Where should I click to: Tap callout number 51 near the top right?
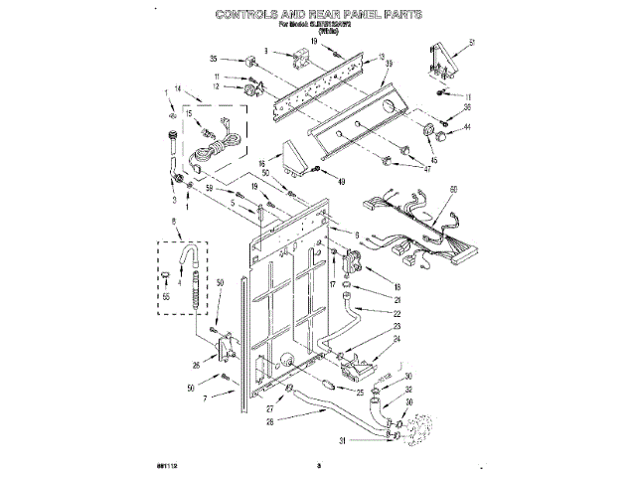pyautogui.click(x=472, y=41)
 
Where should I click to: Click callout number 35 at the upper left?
pyautogui.click(x=214, y=60)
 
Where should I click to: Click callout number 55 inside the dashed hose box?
pyautogui.click(x=166, y=298)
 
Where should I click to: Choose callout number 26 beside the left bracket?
pyautogui.click(x=196, y=366)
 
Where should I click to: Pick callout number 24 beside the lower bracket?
pyautogui.click(x=398, y=339)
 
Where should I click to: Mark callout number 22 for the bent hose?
pyautogui.click(x=397, y=313)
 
